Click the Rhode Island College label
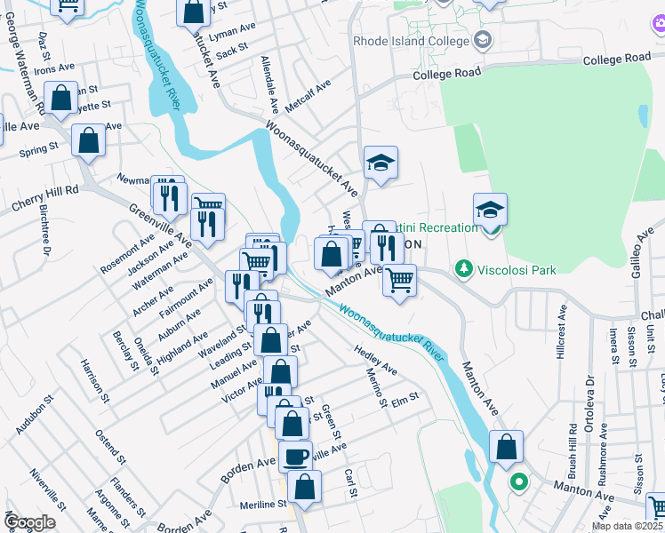[411, 41]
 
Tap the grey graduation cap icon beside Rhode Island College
[483, 39]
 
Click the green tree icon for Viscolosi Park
[462, 267]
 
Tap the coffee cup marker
[296, 456]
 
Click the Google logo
[28, 522]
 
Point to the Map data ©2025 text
[628, 526]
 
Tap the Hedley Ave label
[375, 360]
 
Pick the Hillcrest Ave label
[561, 333]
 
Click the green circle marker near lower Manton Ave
[518, 483]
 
